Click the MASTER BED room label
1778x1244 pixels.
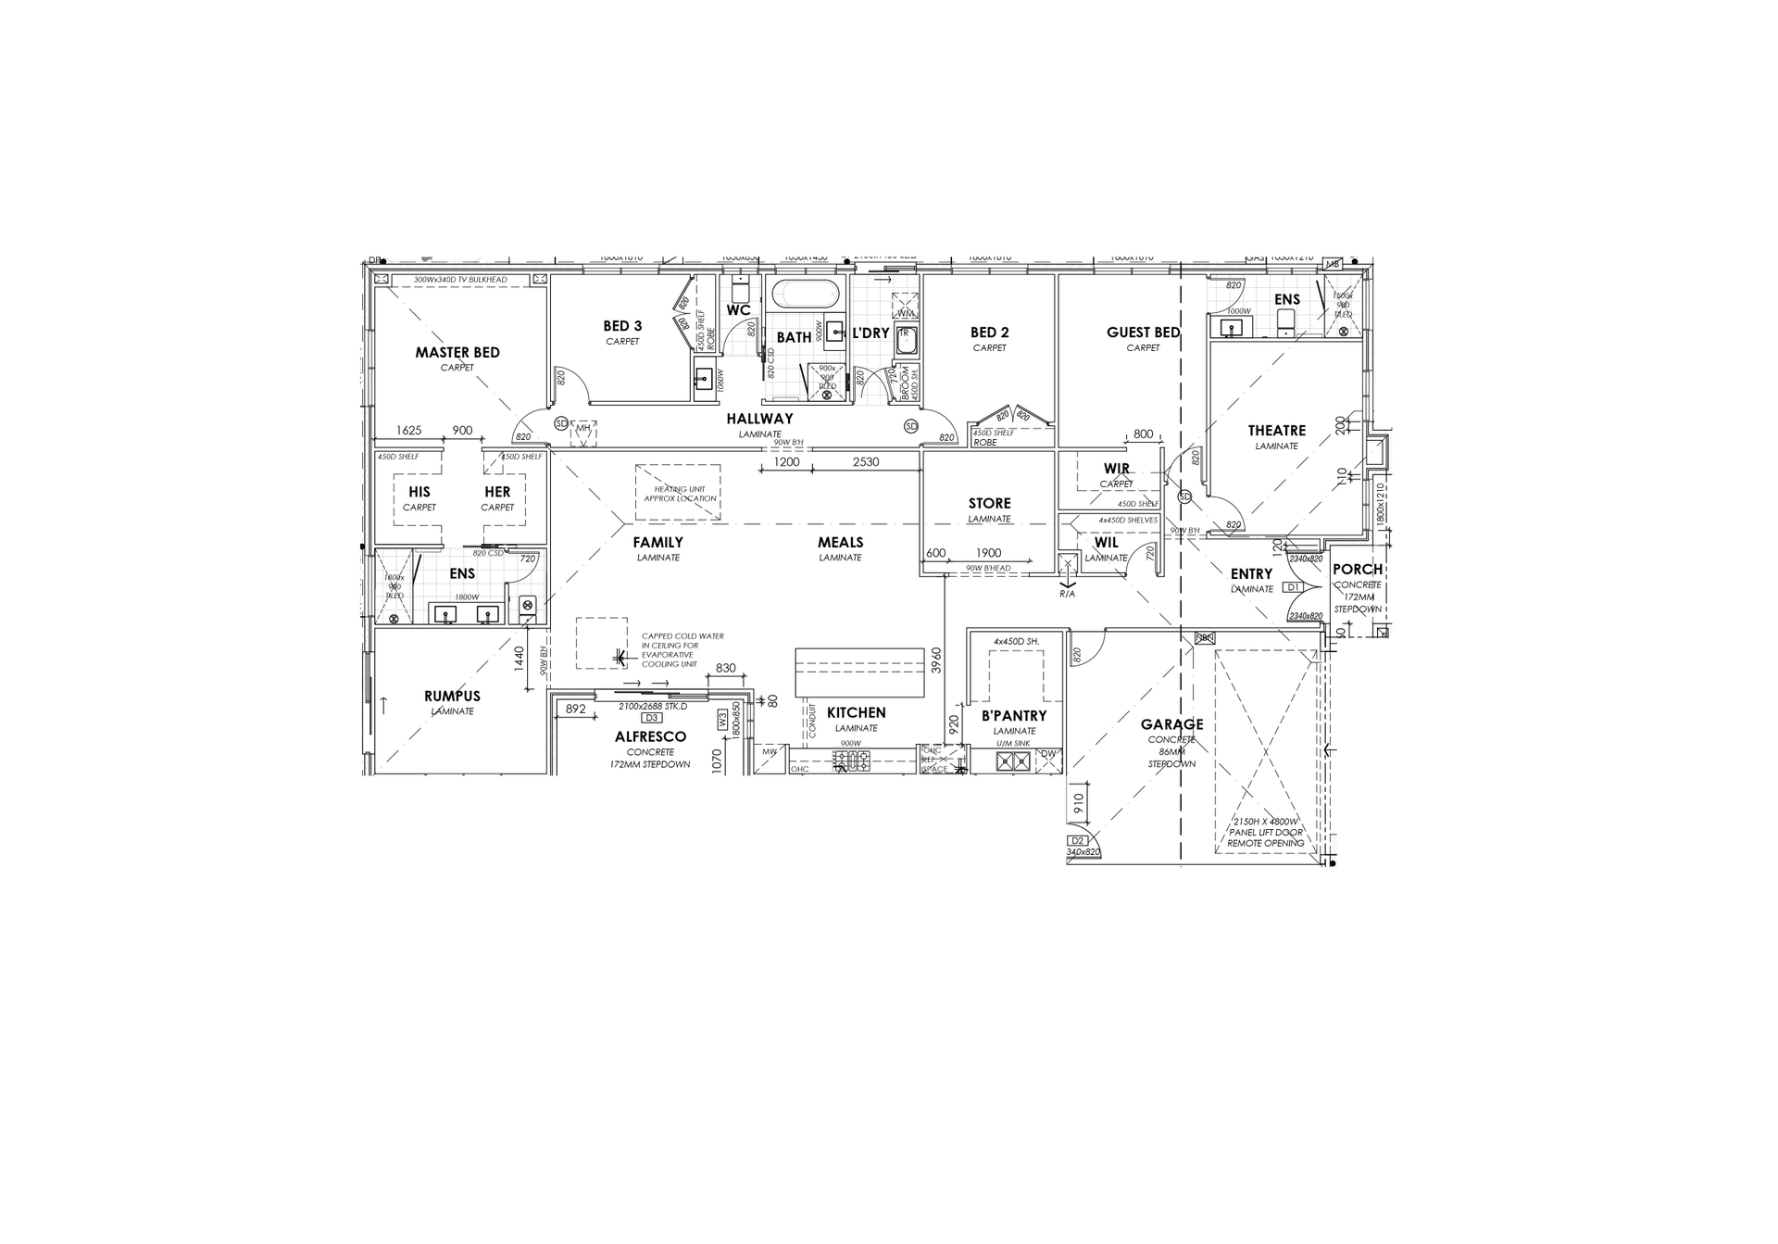457,353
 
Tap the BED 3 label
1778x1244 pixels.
622,326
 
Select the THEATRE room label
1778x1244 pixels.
1276,431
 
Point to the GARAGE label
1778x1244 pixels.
1171,724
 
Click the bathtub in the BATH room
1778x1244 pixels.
806,295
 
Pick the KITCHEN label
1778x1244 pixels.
856,712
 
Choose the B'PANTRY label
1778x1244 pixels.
1014,716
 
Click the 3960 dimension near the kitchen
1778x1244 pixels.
936,660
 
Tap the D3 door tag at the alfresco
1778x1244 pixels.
651,718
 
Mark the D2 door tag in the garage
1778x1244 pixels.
1077,841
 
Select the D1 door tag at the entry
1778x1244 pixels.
1294,587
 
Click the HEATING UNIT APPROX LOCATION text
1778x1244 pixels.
679,494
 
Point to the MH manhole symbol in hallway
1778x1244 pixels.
583,428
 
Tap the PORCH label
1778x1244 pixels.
1357,570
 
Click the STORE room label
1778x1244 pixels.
989,504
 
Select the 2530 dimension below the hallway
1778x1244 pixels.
865,461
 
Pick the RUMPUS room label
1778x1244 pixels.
452,697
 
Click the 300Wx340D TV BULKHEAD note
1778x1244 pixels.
460,280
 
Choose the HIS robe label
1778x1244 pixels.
419,492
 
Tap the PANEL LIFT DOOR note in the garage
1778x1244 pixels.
1265,833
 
